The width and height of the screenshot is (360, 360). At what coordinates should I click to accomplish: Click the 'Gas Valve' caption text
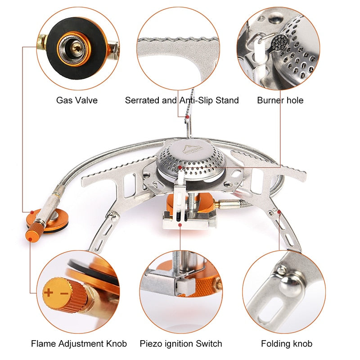click(x=76, y=100)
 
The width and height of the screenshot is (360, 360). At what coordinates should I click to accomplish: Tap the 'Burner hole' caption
click(x=280, y=100)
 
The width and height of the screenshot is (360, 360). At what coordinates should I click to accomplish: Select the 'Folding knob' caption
click(x=287, y=344)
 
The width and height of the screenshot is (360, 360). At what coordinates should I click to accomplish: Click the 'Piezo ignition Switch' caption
click(x=181, y=344)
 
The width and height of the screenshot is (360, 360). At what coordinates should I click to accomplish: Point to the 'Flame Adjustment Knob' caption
click(x=79, y=344)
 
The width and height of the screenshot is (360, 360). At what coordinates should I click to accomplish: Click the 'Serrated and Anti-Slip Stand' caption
click(x=182, y=100)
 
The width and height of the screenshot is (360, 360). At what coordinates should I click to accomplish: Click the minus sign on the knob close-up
click(x=63, y=293)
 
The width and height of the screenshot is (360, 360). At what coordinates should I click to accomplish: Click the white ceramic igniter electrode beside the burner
click(x=180, y=180)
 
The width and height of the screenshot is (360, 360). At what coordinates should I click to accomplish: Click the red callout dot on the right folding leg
click(x=279, y=211)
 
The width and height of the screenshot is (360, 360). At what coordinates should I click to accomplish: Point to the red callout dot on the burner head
click(x=180, y=167)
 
